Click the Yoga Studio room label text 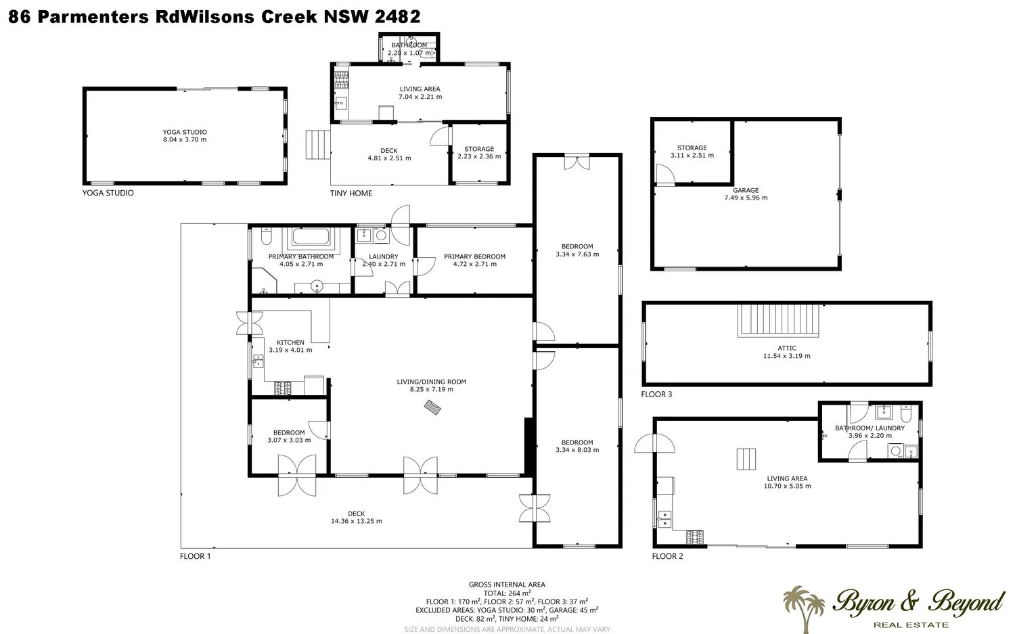(185, 132)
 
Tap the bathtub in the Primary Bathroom (311, 237)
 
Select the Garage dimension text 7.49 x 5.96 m (746, 198)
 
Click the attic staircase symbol (778, 320)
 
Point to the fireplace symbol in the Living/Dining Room (432, 407)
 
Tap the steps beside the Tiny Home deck (318, 145)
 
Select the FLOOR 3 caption (656, 394)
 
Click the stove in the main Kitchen (283, 388)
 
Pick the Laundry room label (384, 256)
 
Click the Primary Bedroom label (474, 256)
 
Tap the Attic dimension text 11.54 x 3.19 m (786, 356)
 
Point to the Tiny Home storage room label (479, 149)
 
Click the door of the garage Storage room (665, 175)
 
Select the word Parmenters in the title (93, 17)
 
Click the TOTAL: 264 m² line (507, 593)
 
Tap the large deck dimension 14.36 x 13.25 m (356, 521)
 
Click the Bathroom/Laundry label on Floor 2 (870, 428)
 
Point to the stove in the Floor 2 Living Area (695, 537)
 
